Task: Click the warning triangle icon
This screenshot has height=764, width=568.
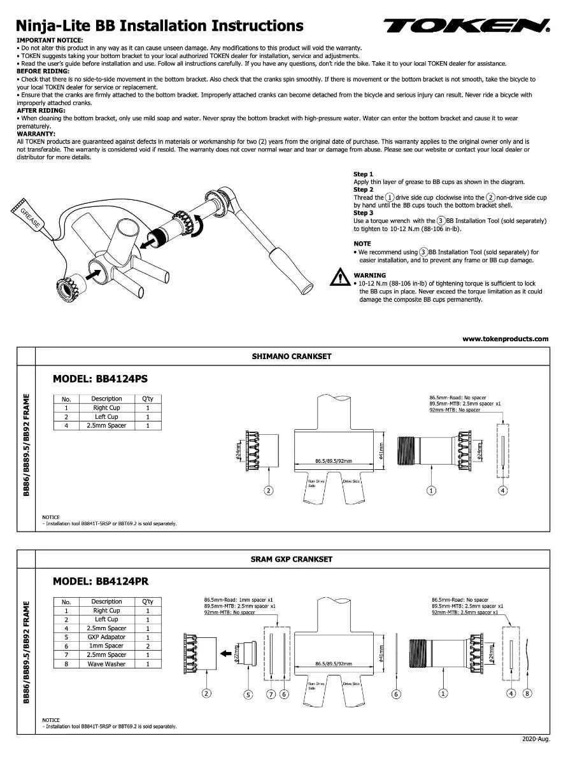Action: click(x=337, y=278)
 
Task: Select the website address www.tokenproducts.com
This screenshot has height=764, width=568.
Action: click(x=505, y=339)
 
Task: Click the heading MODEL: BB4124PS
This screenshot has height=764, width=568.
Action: click(x=100, y=379)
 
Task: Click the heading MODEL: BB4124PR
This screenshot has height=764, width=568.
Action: click(x=101, y=581)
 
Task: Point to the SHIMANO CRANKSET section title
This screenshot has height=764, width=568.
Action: click(x=292, y=357)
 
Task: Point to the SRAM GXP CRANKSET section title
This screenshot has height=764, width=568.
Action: click(x=292, y=559)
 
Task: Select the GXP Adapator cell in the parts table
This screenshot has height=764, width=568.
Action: click(x=106, y=637)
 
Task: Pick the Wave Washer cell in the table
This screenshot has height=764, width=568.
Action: click(x=106, y=664)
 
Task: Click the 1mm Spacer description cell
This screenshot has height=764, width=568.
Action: click(x=106, y=646)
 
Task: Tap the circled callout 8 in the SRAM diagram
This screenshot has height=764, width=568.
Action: click(x=527, y=693)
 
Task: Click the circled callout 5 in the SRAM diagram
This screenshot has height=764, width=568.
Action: click(x=248, y=694)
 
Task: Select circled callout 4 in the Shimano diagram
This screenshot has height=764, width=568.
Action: click(x=503, y=490)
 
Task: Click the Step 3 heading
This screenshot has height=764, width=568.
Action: click(x=363, y=213)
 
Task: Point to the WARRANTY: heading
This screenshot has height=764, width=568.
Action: click(x=36, y=134)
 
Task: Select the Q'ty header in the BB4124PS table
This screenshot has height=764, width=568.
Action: click(x=147, y=399)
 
